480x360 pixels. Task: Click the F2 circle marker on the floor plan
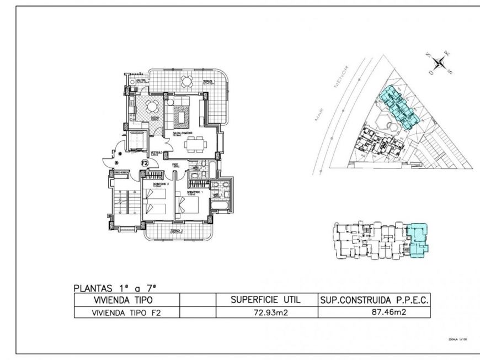(145, 163)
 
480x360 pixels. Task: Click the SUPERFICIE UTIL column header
(266, 300)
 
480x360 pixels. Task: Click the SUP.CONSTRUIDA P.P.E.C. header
(374, 300)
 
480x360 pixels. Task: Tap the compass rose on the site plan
(440, 63)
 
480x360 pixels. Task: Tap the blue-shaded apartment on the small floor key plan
(418, 239)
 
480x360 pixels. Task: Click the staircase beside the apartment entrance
(125, 203)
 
